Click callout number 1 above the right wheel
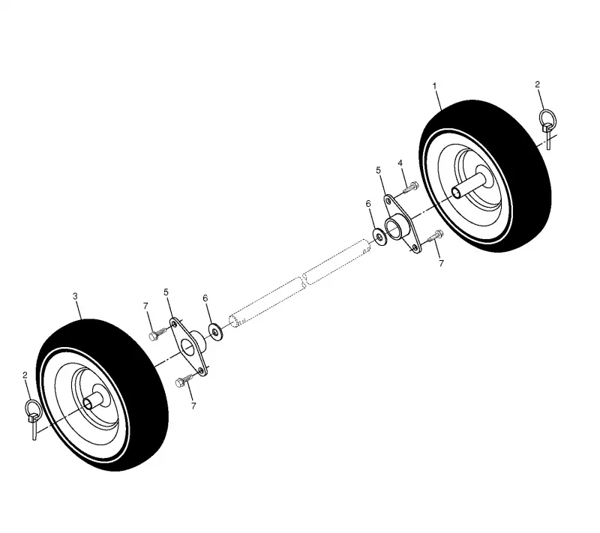pos(435,86)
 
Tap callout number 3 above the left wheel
pos(75,296)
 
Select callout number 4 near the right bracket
pos(400,163)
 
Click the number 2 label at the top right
pos(537,85)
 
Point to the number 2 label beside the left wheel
pos(25,375)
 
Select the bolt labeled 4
pos(411,187)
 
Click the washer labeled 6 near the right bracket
pos(380,238)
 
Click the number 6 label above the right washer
pos(368,204)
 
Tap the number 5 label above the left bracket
pos(166,292)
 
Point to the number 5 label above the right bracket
pos(379,170)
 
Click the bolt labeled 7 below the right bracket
pos(435,235)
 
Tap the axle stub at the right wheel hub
pos(469,185)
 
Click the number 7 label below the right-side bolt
pos(441,263)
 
